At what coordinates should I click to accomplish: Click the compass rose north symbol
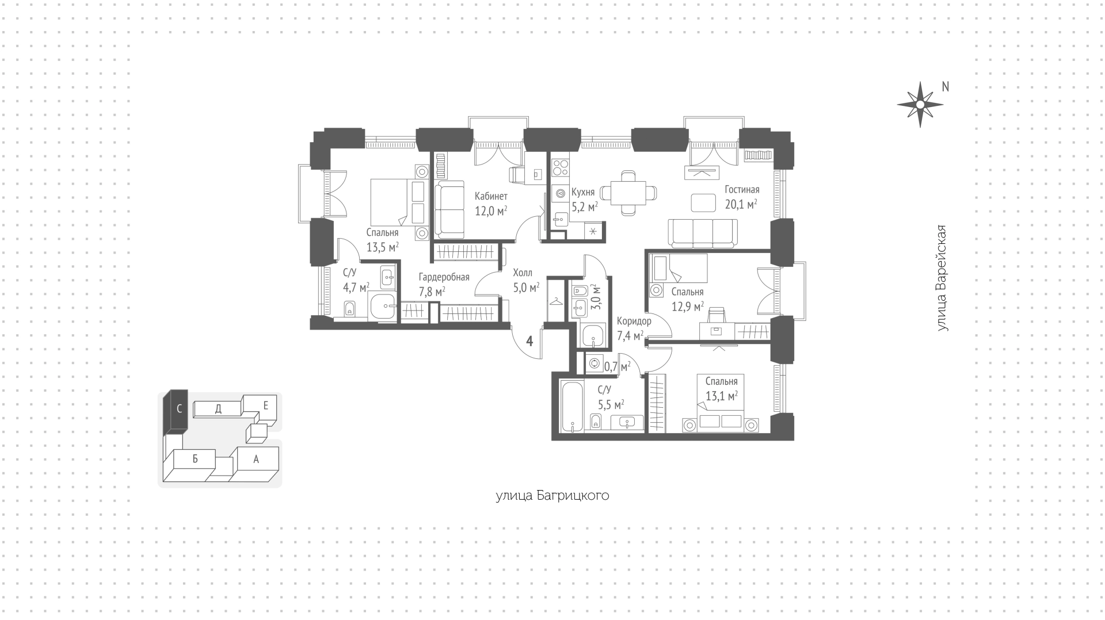point(920,105)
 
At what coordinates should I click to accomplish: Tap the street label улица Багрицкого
point(552,496)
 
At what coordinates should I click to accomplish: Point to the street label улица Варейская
point(942,278)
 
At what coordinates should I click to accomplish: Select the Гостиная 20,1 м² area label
point(741,197)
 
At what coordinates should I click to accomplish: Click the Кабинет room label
point(491,196)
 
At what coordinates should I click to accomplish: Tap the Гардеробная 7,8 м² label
point(444,284)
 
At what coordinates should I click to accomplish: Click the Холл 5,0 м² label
point(526,280)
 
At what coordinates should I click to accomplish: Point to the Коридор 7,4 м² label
point(634,328)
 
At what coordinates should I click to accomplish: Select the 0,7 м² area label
point(617,366)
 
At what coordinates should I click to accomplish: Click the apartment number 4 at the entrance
point(529,341)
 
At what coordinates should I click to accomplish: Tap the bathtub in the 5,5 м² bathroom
point(573,406)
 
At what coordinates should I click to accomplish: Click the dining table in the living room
point(628,193)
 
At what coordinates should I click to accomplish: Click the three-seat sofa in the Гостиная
point(703,232)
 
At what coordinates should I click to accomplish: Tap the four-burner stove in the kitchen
point(560,167)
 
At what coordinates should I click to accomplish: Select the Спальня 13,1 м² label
point(721,389)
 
